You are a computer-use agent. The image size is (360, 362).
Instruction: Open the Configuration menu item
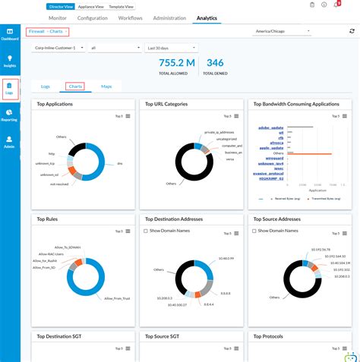tap(92, 17)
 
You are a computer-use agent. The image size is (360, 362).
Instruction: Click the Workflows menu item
tap(130, 17)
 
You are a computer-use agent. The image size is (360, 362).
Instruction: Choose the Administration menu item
tap(169, 17)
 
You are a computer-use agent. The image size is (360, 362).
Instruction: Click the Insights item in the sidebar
tap(10, 61)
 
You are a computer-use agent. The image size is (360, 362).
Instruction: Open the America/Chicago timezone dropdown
tap(282, 32)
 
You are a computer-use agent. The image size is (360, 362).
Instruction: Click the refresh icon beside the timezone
tap(352, 32)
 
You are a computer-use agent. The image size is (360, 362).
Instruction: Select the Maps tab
tap(106, 87)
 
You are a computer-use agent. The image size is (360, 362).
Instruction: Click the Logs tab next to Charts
tap(45, 87)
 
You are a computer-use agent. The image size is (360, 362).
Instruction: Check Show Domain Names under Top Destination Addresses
tap(146, 230)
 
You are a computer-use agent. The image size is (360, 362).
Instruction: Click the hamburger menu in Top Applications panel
tap(128, 115)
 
